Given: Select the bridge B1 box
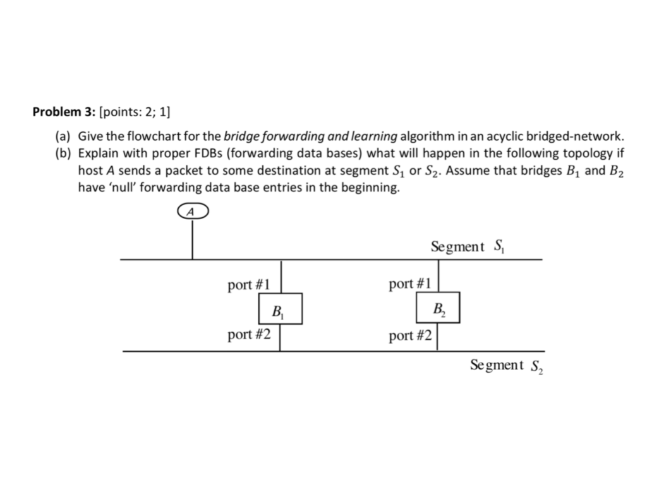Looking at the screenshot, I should point(281,309).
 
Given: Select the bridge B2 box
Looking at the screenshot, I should point(438,308).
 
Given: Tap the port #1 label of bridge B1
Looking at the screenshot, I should point(249,285).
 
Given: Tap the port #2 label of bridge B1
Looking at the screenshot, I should point(249,334).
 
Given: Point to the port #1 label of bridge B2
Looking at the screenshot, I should point(410,284).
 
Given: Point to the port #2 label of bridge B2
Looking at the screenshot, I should point(410,335).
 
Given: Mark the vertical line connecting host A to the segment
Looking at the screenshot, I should point(192,239).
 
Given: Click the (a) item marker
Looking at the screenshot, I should point(66,136).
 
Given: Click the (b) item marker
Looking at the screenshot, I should point(66,153).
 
